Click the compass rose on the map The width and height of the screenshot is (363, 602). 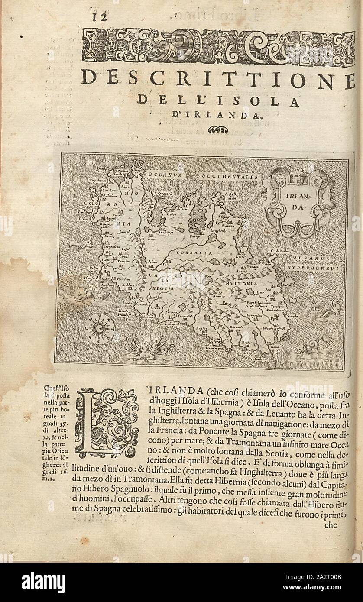pyautogui.click(x=100, y=328)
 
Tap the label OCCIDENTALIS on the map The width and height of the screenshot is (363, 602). pyautogui.click(x=229, y=177)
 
